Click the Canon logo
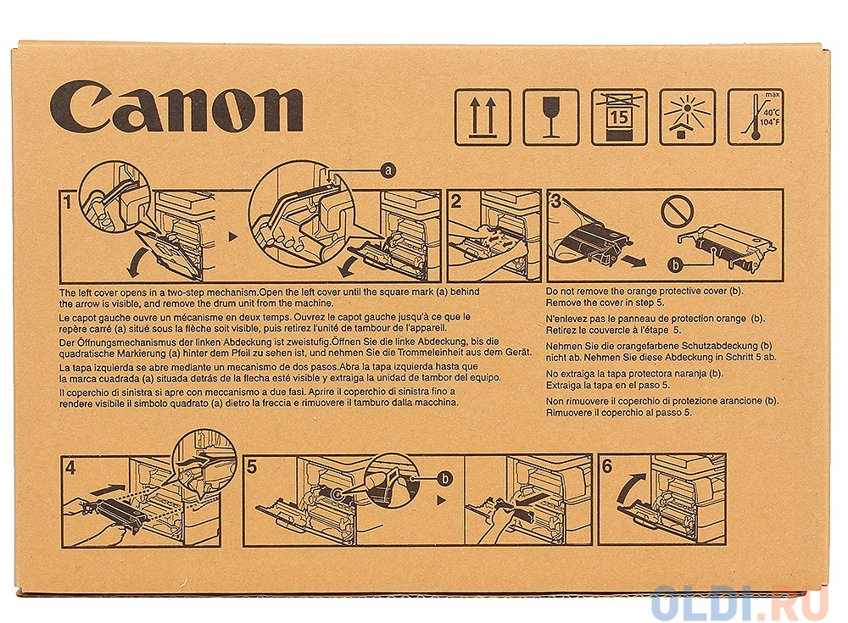point(176,106)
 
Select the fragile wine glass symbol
point(551,117)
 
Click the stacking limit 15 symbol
point(619,117)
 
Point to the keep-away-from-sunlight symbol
point(688,117)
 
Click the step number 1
point(67,203)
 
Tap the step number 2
point(456,202)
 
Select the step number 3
point(555,202)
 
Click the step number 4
point(70,467)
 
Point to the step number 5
point(252,467)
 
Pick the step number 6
point(607,466)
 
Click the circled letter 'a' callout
point(388,171)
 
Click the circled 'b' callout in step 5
point(444,478)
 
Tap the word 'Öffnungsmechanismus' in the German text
point(121,342)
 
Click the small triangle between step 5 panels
point(441,501)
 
